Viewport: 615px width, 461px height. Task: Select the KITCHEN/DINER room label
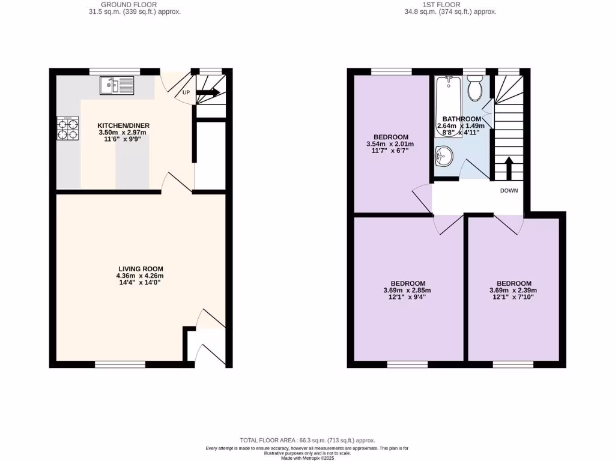120,125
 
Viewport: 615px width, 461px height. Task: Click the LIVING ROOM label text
140,269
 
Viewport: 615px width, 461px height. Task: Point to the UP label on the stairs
186,93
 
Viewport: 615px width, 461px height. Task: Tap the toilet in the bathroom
475,89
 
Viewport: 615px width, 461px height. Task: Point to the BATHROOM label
462,119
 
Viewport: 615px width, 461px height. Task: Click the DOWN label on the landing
509,191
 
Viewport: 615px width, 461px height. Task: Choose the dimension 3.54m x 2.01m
390,144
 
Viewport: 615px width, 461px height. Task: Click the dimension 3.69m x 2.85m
408,291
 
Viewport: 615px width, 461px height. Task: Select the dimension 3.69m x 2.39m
514,291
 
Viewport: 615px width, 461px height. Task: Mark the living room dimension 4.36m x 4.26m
140,276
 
